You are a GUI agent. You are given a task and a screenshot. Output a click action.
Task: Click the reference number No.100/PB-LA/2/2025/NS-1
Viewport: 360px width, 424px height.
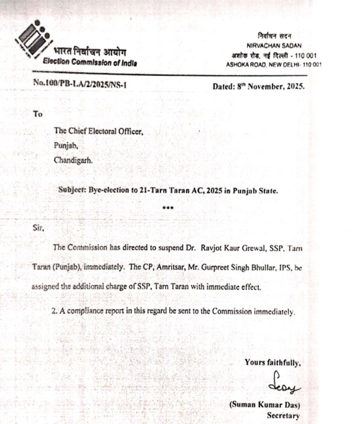pyautogui.click(x=80, y=84)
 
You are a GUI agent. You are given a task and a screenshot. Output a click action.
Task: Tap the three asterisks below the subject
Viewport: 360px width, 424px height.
pyautogui.click(x=168, y=208)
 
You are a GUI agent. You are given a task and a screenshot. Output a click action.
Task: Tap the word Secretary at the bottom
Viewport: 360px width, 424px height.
pyautogui.click(x=283, y=416)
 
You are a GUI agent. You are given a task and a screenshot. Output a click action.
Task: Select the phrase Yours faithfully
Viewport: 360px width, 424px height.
pyautogui.click(x=272, y=363)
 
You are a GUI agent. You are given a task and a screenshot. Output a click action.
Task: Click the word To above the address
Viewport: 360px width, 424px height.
pyautogui.click(x=38, y=114)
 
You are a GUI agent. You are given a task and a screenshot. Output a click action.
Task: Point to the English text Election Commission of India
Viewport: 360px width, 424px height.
pyautogui.click(x=90, y=63)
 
